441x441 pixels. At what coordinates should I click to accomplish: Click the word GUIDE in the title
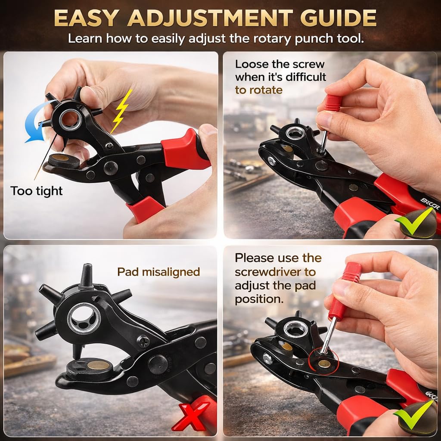click(338, 18)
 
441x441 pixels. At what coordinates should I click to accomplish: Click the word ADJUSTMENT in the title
click(210, 18)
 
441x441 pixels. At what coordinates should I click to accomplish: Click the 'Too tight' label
click(37, 191)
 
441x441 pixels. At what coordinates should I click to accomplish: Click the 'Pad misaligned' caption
click(158, 272)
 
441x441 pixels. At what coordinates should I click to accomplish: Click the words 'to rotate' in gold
click(259, 90)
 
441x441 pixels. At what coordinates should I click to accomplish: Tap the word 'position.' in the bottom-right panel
click(259, 299)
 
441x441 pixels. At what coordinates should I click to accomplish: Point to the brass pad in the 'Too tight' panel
click(60, 158)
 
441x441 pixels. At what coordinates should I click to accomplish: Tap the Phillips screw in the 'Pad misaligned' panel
click(143, 342)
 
